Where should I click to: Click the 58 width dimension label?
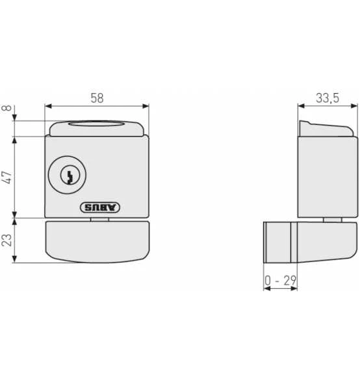(97, 98)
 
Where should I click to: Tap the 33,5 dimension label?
(328, 98)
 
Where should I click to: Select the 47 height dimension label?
(6, 178)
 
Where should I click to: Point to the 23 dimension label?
(6, 240)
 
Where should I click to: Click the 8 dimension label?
(6, 108)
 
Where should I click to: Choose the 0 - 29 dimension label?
(280, 280)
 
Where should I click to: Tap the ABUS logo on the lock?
(100, 207)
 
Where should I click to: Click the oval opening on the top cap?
(96, 124)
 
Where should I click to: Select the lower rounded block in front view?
(97, 242)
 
